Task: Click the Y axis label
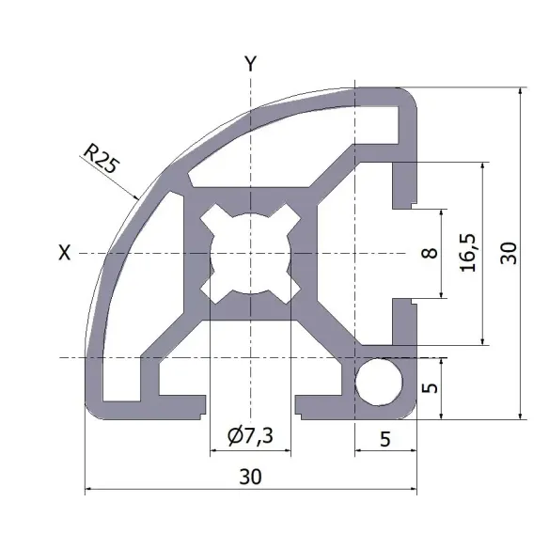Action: click(250, 64)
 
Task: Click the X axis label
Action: click(64, 252)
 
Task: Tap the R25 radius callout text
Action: click(101, 157)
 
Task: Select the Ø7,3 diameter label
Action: click(250, 435)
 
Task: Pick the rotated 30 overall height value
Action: click(509, 252)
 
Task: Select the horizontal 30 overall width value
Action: click(250, 477)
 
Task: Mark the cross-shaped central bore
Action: click(250, 254)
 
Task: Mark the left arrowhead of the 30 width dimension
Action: click(89, 489)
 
